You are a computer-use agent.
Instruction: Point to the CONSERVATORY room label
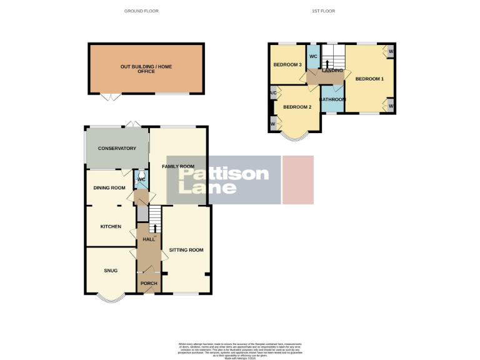pyautogui.click(x=116, y=149)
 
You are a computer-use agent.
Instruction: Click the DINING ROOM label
pyautogui.click(x=109, y=187)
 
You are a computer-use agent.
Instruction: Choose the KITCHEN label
pyautogui.click(x=111, y=226)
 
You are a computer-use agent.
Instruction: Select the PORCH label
pyautogui.click(x=149, y=284)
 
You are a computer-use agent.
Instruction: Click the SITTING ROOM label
pyautogui.click(x=186, y=250)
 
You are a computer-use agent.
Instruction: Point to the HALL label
pyautogui.click(x=149, y=239)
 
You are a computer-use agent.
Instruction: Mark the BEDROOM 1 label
pyautogui.click(x=369, y=79)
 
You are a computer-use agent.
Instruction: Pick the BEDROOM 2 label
pyautogui.click(x=297, y=107)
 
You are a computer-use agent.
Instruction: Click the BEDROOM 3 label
pyautogui.click(x=287, y=65)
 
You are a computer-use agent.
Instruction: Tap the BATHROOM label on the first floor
pyautogui.click(x=332, y=99)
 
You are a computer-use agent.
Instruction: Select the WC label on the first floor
pyautogui.click(x=313, y=57)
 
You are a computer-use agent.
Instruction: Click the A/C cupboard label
pyautogui.click(x=273, y=94)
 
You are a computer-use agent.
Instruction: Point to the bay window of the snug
pyautogui.click(x=111, y=299)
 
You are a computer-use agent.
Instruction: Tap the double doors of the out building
pyautogui.click(x=111, y=97)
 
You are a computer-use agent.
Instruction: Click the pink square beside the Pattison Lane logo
pyautogui.click(x=298, y=180)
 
